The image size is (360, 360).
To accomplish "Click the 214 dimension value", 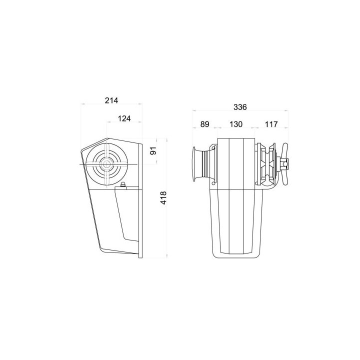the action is pyautogui.click(x=111, y=100).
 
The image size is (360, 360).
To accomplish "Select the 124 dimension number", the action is pyautogui.click(x=124, y=118).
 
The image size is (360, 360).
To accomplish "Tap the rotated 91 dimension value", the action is pyautogui.click(x=153, y=150).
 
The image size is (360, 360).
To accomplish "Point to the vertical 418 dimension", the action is pyautogui.click(x=163, y=197).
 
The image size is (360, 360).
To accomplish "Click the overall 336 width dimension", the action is pyautogui.click(x=240, y=107).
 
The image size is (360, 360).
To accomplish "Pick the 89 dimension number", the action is pyautogui.click(x=205, y=124).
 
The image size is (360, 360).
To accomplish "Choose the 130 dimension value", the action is pyautogui.click(x=236, y=124).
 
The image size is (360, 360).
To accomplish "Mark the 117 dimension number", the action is pyautogui.click(x=271, y=124).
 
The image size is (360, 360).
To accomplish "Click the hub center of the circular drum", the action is pyautogui.click(x=106, y=164).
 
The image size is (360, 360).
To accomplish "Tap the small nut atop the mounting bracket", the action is pyautogui.click(x=123, y=184).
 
